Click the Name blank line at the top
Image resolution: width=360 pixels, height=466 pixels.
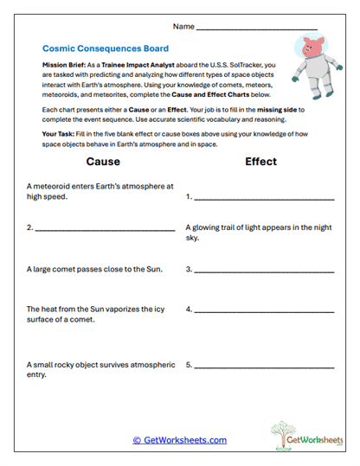click(x=257, y=29)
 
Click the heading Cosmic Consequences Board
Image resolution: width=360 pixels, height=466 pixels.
click(x=105, y=49)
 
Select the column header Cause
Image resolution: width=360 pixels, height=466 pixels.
click(x=103, y=162)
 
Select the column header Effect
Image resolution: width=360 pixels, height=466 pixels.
click(x=260, y=162)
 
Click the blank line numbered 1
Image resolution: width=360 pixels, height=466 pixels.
click(x=264, y=198)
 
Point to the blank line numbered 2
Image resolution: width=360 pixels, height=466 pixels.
click(x=105, y=229)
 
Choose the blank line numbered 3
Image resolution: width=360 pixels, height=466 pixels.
click(x=264, y=270)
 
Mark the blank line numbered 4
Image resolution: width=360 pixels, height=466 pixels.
click(x=264, y=310)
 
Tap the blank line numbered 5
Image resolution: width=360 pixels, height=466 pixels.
click(x=264, y=366)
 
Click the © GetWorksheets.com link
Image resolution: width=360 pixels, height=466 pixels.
click(x=179, y=440)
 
